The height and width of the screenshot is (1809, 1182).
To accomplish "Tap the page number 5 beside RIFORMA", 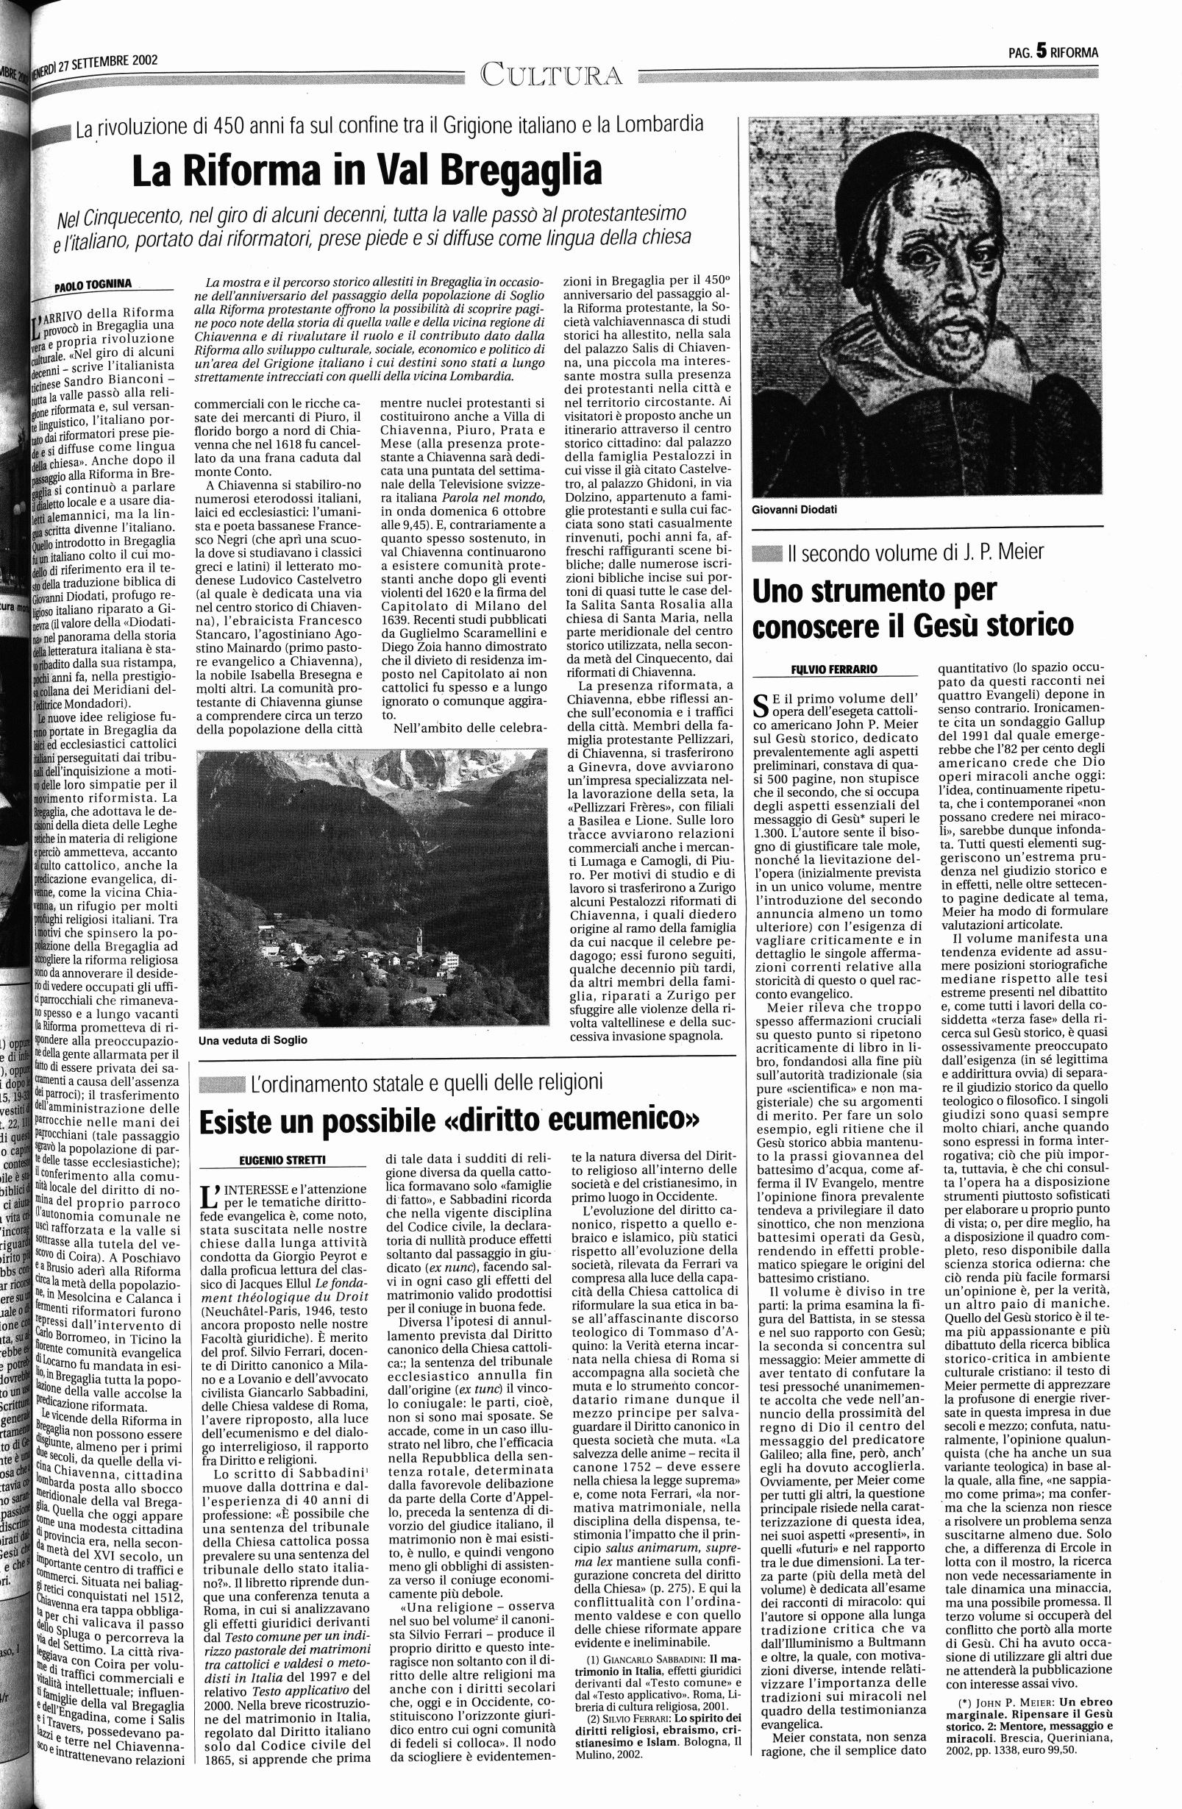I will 1041,51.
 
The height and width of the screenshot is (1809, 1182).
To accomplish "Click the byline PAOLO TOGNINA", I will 93,285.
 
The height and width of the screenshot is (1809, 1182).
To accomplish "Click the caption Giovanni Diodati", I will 794,509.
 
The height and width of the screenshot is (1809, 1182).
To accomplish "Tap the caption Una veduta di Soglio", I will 252,1039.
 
